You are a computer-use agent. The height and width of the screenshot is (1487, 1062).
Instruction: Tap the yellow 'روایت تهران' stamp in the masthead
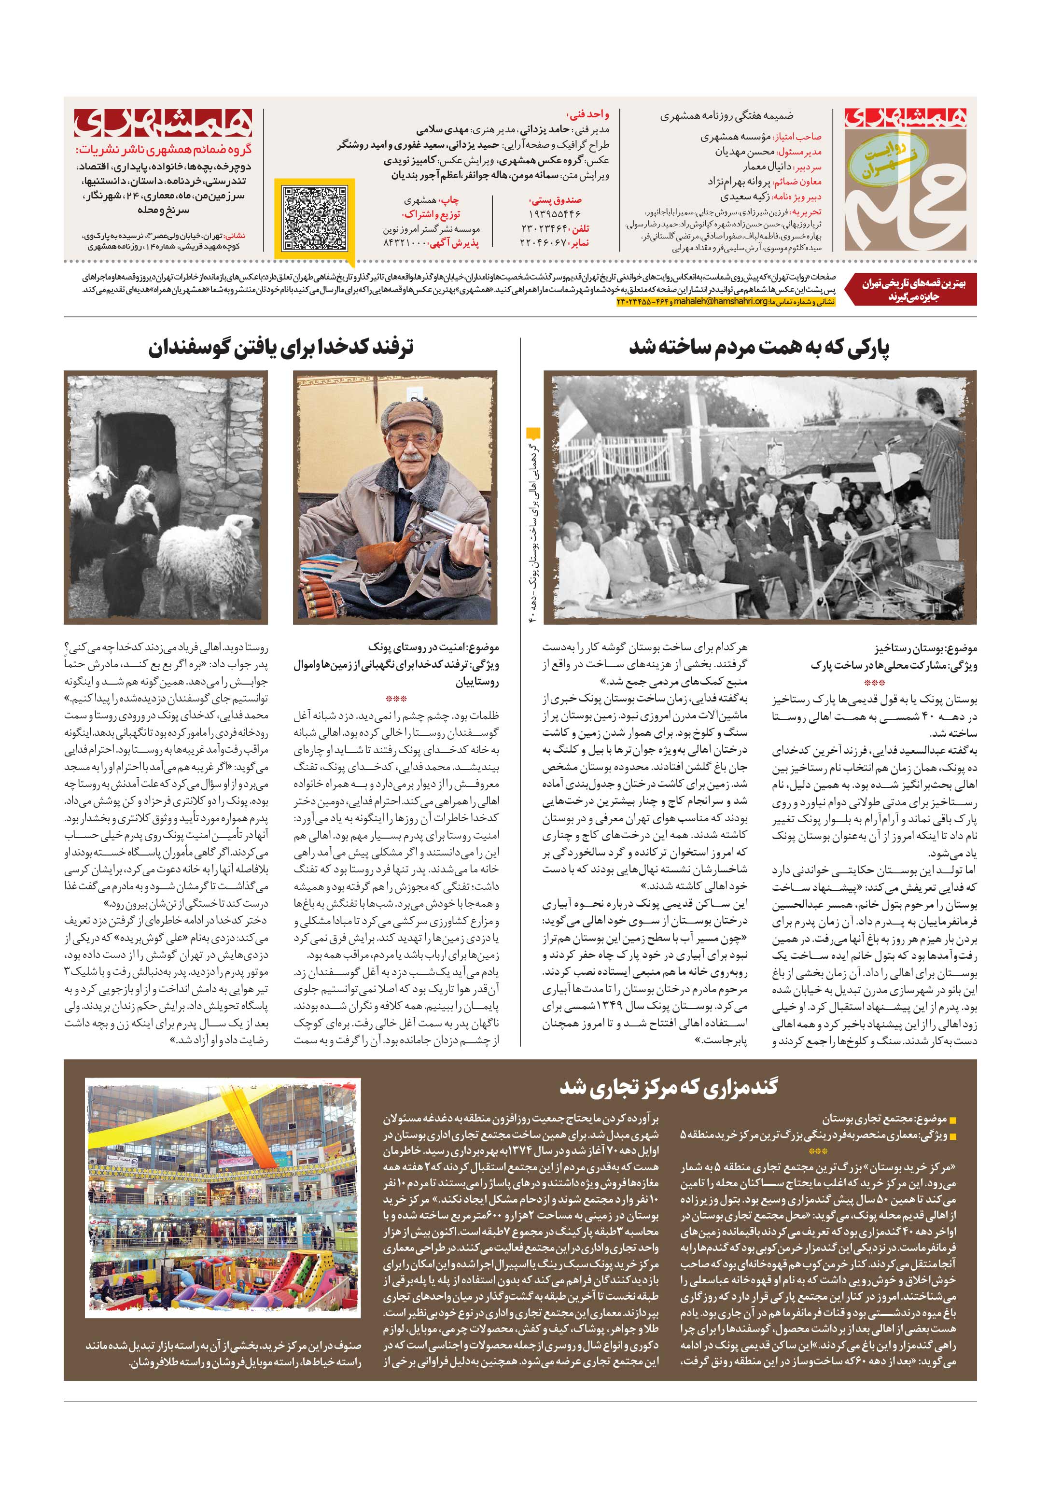point(883,160)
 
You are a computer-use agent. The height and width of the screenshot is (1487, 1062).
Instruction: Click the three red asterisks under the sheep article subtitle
point(396,699)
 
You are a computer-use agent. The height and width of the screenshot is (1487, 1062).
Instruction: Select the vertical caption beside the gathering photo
point(534,523)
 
